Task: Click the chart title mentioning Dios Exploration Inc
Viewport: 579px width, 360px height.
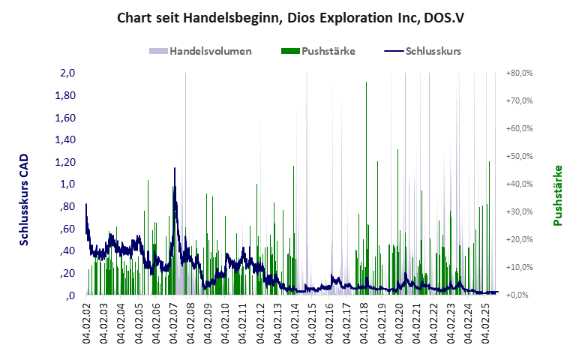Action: [x=290, y=17]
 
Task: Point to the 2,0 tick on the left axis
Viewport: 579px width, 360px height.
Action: [x=67, y=73]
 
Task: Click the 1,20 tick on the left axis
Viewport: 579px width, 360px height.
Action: [x=65, y=162]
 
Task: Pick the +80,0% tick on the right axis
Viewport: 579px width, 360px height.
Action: [x=519, y=73]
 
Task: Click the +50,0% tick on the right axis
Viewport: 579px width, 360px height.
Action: [x=519, y=157]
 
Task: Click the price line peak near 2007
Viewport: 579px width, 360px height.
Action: [x=175, y=169]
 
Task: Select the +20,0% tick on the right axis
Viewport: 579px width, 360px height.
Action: [x=519, y=239]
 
